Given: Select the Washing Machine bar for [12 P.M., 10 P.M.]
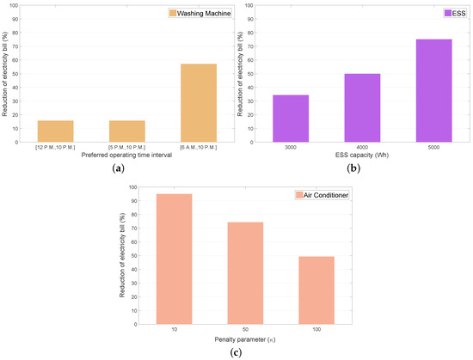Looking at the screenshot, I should [55, 131].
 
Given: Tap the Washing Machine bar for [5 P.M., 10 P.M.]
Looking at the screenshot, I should [126, 131].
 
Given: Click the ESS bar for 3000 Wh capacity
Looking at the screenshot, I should [291, 119].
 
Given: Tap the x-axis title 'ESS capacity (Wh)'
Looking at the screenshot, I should [362, 155].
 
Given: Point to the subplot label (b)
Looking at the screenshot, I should [355, 169].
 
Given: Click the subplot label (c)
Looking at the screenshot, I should [236, 354].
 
